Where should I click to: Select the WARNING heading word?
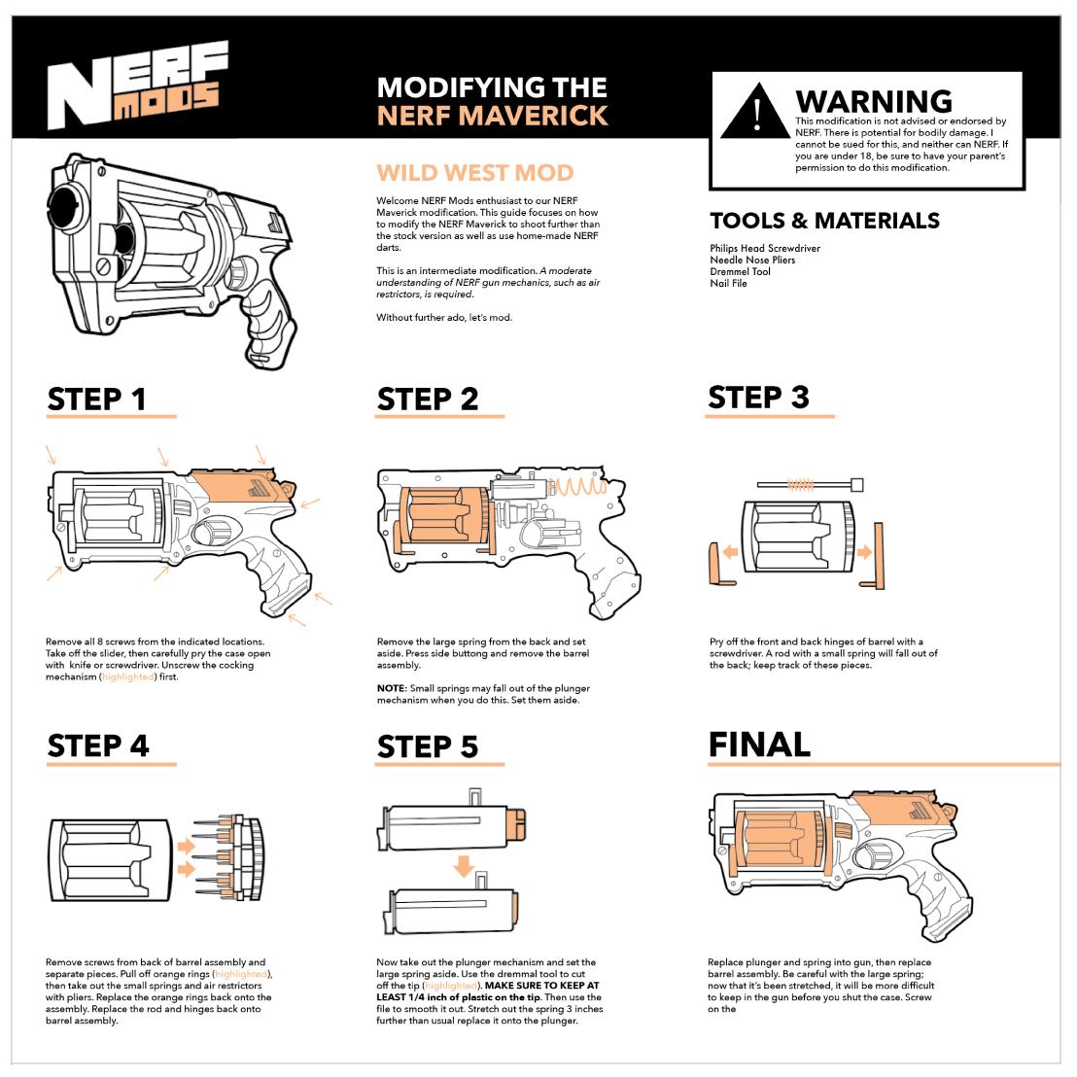pos(873,101)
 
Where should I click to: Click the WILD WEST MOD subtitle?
pos(475,173)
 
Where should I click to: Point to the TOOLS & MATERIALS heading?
pos(824,221)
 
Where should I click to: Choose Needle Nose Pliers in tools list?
pos(752,261)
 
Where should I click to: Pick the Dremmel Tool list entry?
pos(740,272)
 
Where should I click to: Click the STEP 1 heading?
pos(97,399)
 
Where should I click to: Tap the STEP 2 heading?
pos(428,399)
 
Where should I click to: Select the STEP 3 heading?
pos(758,398)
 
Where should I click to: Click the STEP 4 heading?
pos(98,746)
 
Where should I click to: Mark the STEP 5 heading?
pos(428,747)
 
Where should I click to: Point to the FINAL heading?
pos(759,745)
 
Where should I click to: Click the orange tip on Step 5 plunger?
pos(516,822)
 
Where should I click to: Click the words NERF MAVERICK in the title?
pos(492,117)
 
